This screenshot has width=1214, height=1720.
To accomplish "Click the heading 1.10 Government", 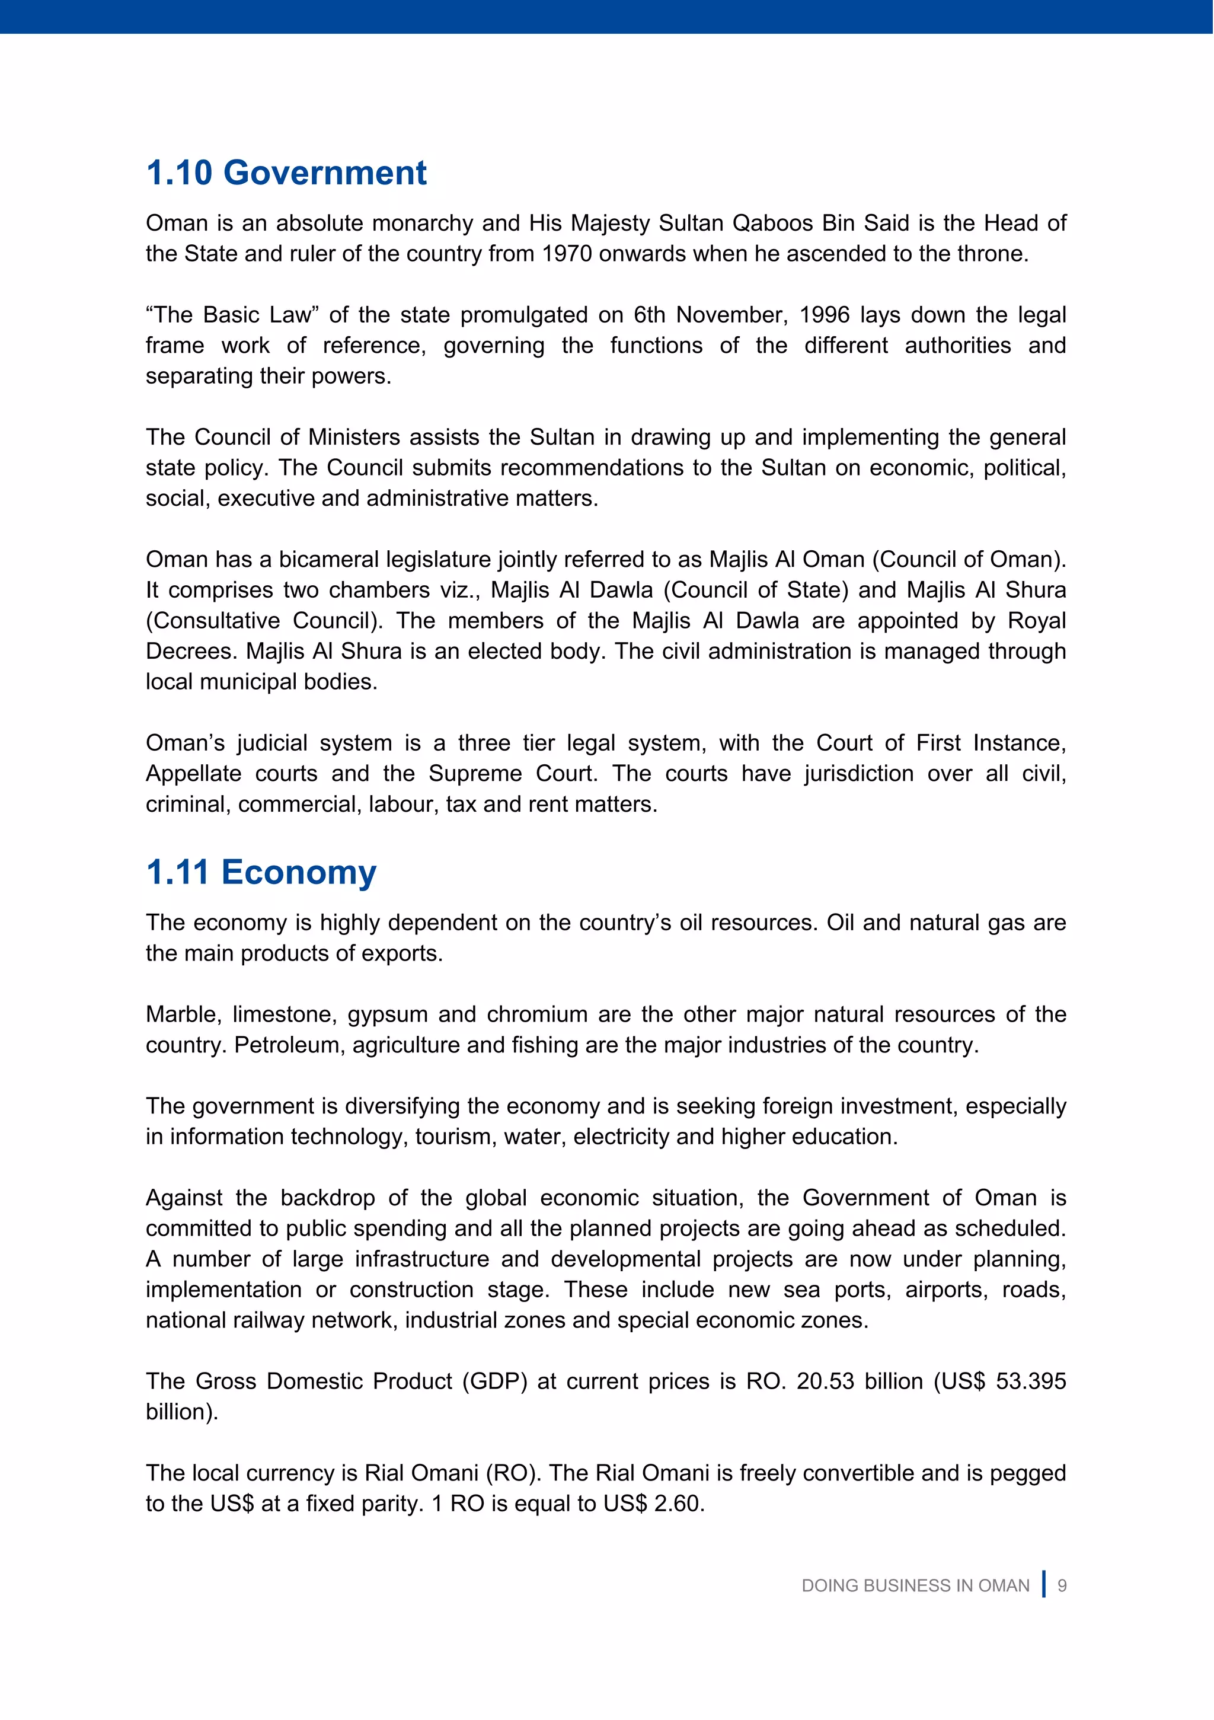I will tap(286, 173).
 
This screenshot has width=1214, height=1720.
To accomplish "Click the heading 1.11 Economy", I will tap(261, 873).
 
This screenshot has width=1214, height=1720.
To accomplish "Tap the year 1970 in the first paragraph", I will tap(567, 254).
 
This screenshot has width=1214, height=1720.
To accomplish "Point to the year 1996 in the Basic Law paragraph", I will tap(824, 315).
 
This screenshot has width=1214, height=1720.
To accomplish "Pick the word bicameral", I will tap(329, 560).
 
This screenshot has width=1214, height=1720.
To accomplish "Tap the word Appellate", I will tap(193, 774).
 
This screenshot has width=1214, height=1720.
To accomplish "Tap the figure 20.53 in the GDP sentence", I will tap(825, 1381).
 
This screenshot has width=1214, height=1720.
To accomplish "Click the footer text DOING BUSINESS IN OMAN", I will tap(915, 1586).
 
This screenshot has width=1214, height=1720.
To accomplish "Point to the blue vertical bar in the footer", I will tap(1043, 1584).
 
